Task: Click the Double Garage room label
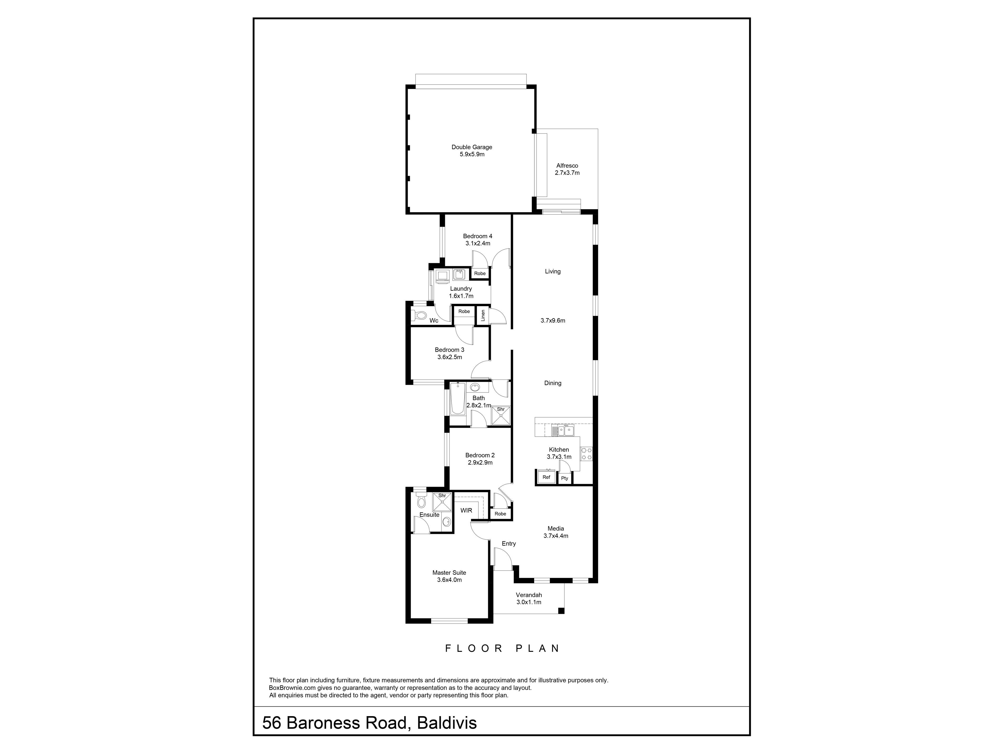coord(472,147)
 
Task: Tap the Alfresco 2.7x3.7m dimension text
coord(567,173)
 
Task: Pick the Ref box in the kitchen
coord(546,477)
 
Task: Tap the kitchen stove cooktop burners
coord(586,454)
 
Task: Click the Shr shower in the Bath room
coord(501,415)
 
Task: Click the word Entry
coord(509,544)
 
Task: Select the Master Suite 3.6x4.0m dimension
coord(449,580)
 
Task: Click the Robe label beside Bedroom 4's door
coord(480,274)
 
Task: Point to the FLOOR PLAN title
coord(502,649)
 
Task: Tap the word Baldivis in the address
coord(447,723)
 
